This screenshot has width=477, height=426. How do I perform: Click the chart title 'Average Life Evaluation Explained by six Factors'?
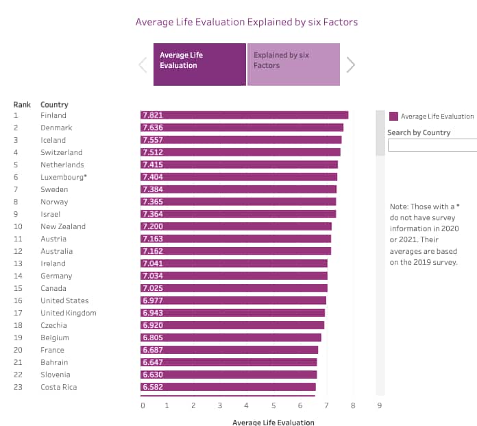click(x=247, y=22)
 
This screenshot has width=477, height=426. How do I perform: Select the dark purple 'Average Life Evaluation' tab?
click(x=199, y=64)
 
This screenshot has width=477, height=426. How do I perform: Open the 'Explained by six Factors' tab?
click(x=293, y=64)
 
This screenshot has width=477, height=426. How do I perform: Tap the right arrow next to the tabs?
click(x=351, y=65)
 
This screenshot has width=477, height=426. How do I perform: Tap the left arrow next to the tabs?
click(x=143, y=65)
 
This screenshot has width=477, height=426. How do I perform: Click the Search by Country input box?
click(x=432, y=145)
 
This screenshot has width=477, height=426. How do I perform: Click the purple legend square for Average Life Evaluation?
click(x=393, y=117)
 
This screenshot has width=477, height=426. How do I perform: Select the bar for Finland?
click(x=245, y=115)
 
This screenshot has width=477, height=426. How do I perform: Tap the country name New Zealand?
click(x=63, y=226)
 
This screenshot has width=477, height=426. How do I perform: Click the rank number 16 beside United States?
click(x=17, y=300)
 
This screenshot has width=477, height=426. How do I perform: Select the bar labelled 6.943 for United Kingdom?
click(x=233, y=313)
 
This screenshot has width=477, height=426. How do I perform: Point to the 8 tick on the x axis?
click(x=353, y=406)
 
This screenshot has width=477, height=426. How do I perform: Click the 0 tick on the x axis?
click(x=143, y=406)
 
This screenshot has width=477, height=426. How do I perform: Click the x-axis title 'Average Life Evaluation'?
click(x=273, y=422)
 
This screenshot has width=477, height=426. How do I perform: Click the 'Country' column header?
click(x=54, y=104)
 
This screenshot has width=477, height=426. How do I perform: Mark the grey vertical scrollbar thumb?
click(x=380, y=133)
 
